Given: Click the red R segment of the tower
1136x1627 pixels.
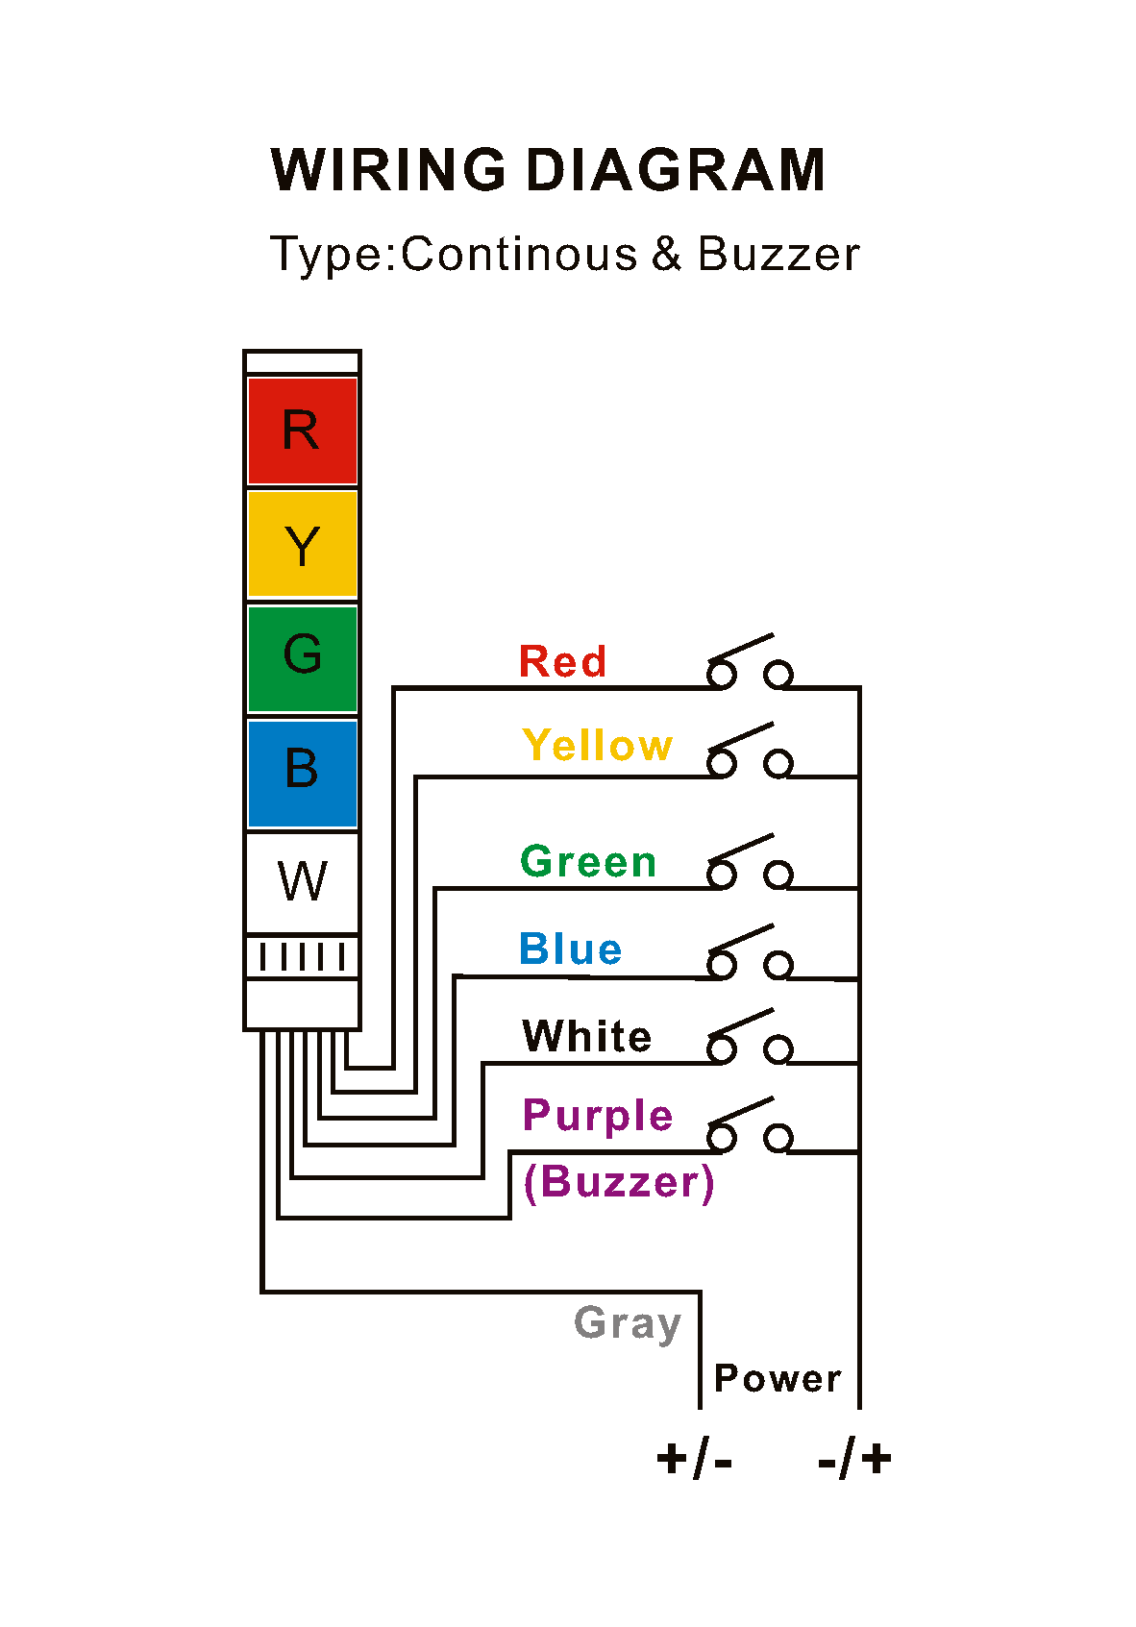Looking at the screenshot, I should pos(302,431).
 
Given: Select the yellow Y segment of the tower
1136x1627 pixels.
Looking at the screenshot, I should pos(302,545).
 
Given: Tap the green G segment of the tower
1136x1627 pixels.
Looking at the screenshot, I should pos(302,658).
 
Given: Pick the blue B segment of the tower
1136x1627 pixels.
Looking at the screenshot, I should pos(302,773).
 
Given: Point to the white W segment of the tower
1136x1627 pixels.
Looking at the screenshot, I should pos(302,882).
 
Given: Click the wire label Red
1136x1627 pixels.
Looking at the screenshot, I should pos(562,662).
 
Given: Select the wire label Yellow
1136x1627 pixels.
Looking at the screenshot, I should pos(597,746).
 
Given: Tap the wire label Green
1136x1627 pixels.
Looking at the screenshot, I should pos(588,862).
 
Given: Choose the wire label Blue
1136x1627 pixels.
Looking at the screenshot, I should pos(571,949).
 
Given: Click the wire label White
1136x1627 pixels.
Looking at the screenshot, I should pos(587,1037).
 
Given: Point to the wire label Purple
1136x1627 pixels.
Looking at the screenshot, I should pos(597,1117).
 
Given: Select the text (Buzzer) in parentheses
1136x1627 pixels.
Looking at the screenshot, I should pos(619,1182).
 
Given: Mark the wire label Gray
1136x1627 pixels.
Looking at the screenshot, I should pos(628,1324).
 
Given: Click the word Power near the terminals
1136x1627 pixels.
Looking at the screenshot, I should pos(778,1379).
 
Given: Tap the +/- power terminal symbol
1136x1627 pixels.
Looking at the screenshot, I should pos(694,1460).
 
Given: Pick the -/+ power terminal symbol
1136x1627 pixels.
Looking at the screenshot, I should pos(854,1460).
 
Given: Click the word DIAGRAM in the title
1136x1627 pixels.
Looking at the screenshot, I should pos(675,171).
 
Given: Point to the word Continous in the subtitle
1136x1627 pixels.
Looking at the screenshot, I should pos(519,255).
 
